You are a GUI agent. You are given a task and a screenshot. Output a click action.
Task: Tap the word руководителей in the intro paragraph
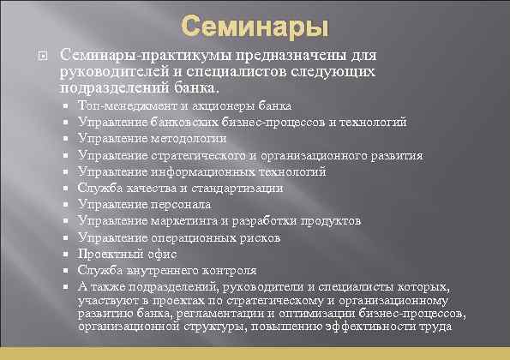[110, 70]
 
